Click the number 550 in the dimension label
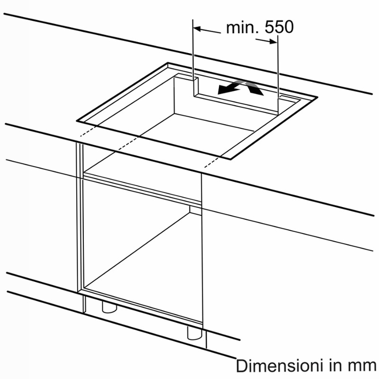coord(279,27)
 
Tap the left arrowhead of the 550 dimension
coord(197,29)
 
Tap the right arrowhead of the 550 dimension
coord(273,42)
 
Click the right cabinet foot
coord(194,333)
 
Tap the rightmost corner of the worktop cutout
coord(317,97)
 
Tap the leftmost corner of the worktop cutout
coord(77,120)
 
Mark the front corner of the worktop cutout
coord(231,160)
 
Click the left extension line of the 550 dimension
coord(193,57)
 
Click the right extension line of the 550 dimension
coord(278,75)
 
